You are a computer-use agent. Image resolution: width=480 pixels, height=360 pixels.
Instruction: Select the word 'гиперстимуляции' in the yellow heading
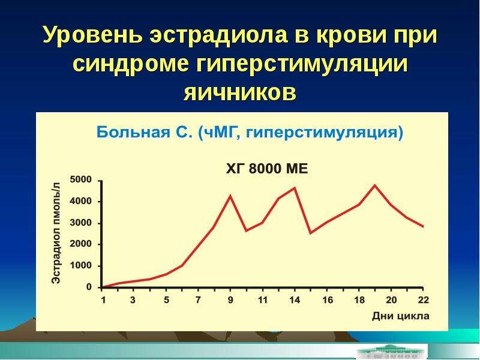click(x=302, y=64)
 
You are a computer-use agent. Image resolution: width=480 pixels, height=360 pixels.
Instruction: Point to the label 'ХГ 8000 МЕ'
click(x=267, y=169)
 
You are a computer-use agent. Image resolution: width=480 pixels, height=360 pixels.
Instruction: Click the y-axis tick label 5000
click(x=81, y=179)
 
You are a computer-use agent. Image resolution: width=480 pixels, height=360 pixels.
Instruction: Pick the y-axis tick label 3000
click(x=81, y=223)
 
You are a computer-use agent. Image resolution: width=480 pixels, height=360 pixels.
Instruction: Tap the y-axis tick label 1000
click(x=81, y=266)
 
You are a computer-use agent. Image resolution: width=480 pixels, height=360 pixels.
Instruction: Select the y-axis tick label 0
click(x=89, y=287)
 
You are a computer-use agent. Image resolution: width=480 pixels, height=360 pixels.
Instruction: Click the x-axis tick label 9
click(x=230, y=299)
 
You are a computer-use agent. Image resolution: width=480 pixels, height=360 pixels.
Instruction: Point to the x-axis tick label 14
click(x=295, y=299)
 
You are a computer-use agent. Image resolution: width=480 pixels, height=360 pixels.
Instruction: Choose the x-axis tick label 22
click(x=424, y=299)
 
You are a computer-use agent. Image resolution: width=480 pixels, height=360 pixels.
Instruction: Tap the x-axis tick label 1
click(x=103, y=299)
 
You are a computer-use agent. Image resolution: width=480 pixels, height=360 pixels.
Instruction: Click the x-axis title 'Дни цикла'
click(x=401, y=316)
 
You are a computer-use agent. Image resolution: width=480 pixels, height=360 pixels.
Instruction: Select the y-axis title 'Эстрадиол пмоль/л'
click(x=56, y=233)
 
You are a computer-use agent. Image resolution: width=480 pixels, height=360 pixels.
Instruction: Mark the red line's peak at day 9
click(x=230, y=196)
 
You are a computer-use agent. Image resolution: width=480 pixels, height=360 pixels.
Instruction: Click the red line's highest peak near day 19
click(x=375, y=185)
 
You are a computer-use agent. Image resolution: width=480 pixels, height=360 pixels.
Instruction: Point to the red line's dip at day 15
click(x=311, y=233)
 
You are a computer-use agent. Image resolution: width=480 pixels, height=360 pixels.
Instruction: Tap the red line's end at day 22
click(x=423, y=227)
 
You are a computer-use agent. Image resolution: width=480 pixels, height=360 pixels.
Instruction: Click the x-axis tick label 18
click(x=359, y=299)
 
